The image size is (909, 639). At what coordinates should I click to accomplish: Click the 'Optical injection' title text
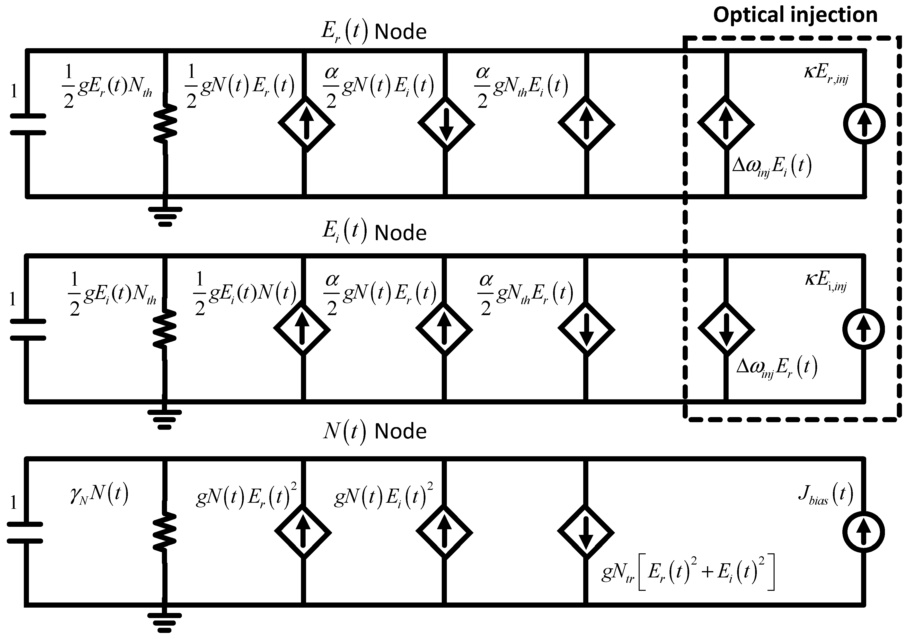click(795, 15)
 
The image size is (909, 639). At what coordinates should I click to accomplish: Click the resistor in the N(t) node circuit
click(165, 531)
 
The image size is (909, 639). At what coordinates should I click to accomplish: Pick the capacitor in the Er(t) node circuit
click(28, 124)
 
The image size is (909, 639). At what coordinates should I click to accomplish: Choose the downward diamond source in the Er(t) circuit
click(446, 124)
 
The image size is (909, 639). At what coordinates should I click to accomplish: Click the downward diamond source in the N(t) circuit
click(586, 532)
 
